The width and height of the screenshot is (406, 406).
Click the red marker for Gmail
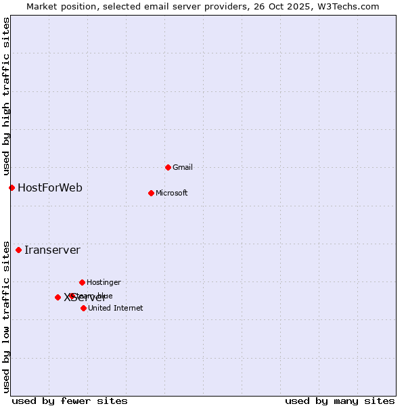point(168,167)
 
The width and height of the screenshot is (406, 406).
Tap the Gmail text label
point(183,167)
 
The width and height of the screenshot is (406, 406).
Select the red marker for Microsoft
point(151,193)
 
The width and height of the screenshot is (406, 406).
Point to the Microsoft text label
point(172,193)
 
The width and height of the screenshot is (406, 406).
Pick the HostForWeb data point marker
point(12,187)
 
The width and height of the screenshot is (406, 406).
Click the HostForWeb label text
point(50,187)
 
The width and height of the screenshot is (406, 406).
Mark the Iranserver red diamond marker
point(18,250)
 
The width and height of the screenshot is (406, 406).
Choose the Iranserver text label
point(52,250)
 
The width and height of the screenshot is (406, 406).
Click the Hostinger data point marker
point(82,282)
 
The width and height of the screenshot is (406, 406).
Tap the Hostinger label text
point(104,282)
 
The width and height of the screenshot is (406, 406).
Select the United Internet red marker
point(83,308)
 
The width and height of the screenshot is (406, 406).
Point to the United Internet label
point(116,308)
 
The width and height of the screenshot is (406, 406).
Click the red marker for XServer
point(58,297)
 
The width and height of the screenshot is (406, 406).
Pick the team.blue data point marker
point(72,296)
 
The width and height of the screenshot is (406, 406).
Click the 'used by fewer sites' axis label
point(70,401)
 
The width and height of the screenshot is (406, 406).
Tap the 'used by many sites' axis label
point(340,401)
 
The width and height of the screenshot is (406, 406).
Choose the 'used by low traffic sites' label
point(7,317)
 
